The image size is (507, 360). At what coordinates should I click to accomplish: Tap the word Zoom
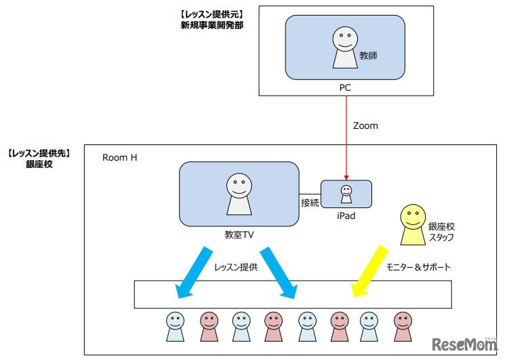pyautogui.click(x=365, y=125)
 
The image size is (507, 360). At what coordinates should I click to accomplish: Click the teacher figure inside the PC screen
pyautogui.click(x=344, y=49)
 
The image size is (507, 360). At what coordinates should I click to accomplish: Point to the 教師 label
pyautogui.click(x=368, y=56)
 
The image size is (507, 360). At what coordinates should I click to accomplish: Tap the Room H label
pyautogui.click(x=121, y=157)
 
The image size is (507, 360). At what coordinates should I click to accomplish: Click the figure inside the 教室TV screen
pyautogui.click(x=238, y=194)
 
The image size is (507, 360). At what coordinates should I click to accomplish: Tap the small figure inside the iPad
pyautogui.click(x=346, y=194)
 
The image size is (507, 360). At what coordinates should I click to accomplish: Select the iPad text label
pyautogui.click(x=346, y=216)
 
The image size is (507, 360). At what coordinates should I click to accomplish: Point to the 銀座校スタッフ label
pyautogui.click(x=441, y=231)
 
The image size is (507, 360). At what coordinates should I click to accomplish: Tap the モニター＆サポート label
pyautogui.click(x=418, y=266)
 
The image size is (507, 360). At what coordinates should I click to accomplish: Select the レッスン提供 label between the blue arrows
pyautogui.click(x=235, y=267)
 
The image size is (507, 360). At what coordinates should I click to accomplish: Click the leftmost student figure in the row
pyautogui.click(x=175, y=326)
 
